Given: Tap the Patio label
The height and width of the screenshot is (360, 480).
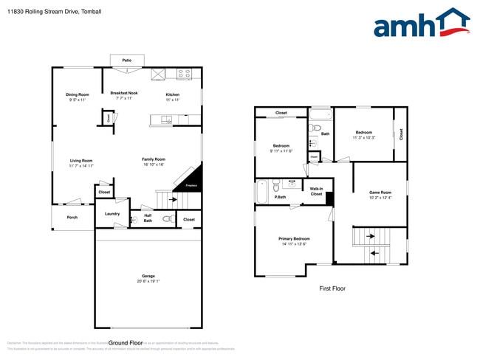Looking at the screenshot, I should (x=126, y=60).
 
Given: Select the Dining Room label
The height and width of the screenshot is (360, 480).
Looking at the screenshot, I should (x=77, y=94).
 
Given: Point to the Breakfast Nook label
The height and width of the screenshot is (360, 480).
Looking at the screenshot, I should (x=124, y=93).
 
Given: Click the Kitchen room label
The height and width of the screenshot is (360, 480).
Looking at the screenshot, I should (x=172, y=94).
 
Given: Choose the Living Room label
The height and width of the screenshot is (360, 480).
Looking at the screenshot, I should (x=81, y=160).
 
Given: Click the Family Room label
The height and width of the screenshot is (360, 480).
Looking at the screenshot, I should (x=154, y=159).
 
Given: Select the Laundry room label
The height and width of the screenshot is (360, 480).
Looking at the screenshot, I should (x=112, y=214).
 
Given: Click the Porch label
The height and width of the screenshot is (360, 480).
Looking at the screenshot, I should (x=72, y=217).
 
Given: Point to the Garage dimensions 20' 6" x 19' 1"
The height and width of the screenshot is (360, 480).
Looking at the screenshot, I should (x=148, y=281).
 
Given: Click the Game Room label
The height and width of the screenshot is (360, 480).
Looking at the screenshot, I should (x=380, y=193).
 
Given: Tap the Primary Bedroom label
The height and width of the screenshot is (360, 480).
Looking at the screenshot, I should (x=294, y=239).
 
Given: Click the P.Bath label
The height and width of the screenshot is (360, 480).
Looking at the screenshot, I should (x=281, y=197).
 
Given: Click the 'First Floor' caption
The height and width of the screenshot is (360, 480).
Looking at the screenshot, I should (x=332, y=288).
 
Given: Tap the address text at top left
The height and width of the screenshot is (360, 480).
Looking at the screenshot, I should (x=49, y=12).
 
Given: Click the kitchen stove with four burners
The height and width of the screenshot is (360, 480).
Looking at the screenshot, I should (x=184, y=74).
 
